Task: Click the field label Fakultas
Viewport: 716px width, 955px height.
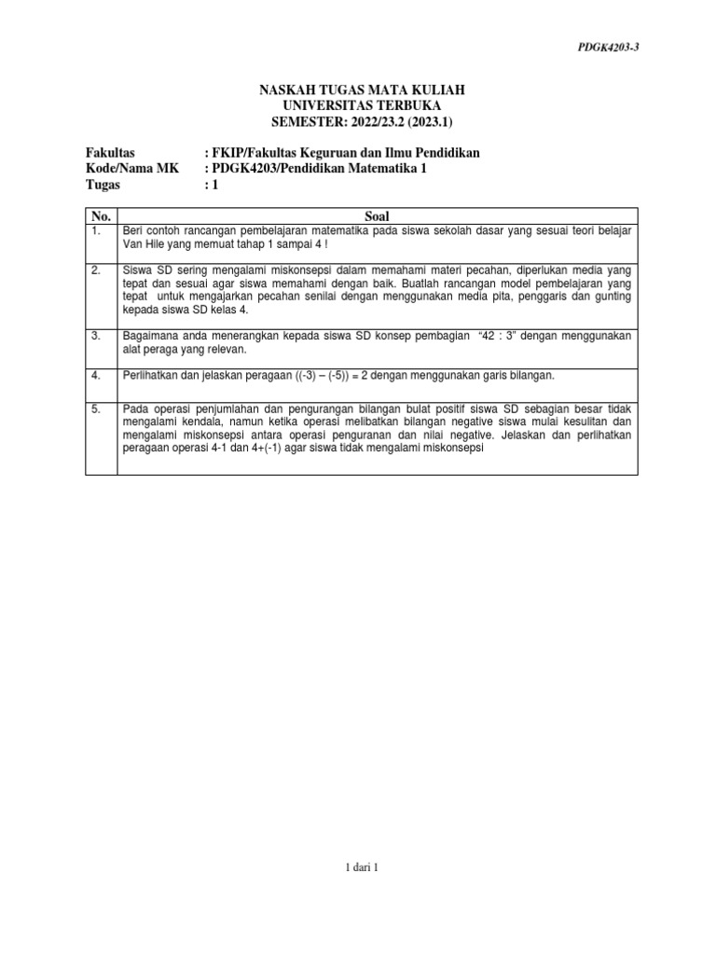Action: pyautogui.click(x=110, y=152)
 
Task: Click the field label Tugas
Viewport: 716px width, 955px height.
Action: pyautogui.click(x=103, y=186)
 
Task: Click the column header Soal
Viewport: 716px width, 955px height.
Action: pyautogui.click(x=378, y=215)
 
